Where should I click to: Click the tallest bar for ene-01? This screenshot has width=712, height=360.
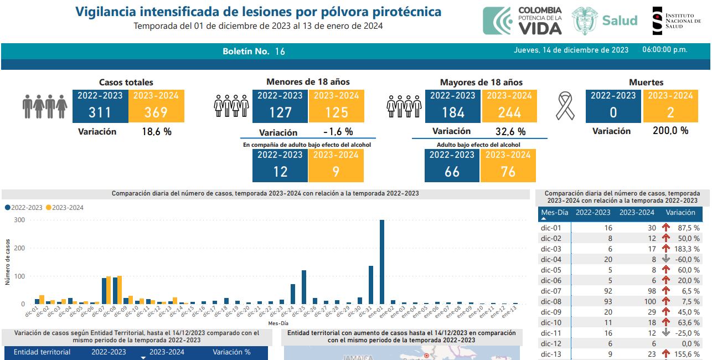coord(382,262)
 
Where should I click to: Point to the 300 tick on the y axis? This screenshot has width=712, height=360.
coord(19,220)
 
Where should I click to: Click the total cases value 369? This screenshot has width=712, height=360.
coord(156,112)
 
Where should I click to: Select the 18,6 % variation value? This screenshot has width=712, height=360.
coord(157,132)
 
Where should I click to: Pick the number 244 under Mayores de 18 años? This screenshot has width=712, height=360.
coord(509,112)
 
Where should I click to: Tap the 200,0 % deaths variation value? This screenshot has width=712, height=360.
coord(670,131)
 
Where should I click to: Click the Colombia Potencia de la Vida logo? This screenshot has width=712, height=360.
coord(523,20)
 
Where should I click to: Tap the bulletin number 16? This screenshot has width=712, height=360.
coord(280,52)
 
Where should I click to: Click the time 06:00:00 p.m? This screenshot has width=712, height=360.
coord(664,50)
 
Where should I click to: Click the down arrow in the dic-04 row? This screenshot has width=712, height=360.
coord(665,259)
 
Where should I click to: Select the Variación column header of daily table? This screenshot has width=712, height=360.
coord(680,213)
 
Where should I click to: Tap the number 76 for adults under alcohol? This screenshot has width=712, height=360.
coord(508,172)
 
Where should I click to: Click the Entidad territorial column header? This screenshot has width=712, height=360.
coord(42,352)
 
